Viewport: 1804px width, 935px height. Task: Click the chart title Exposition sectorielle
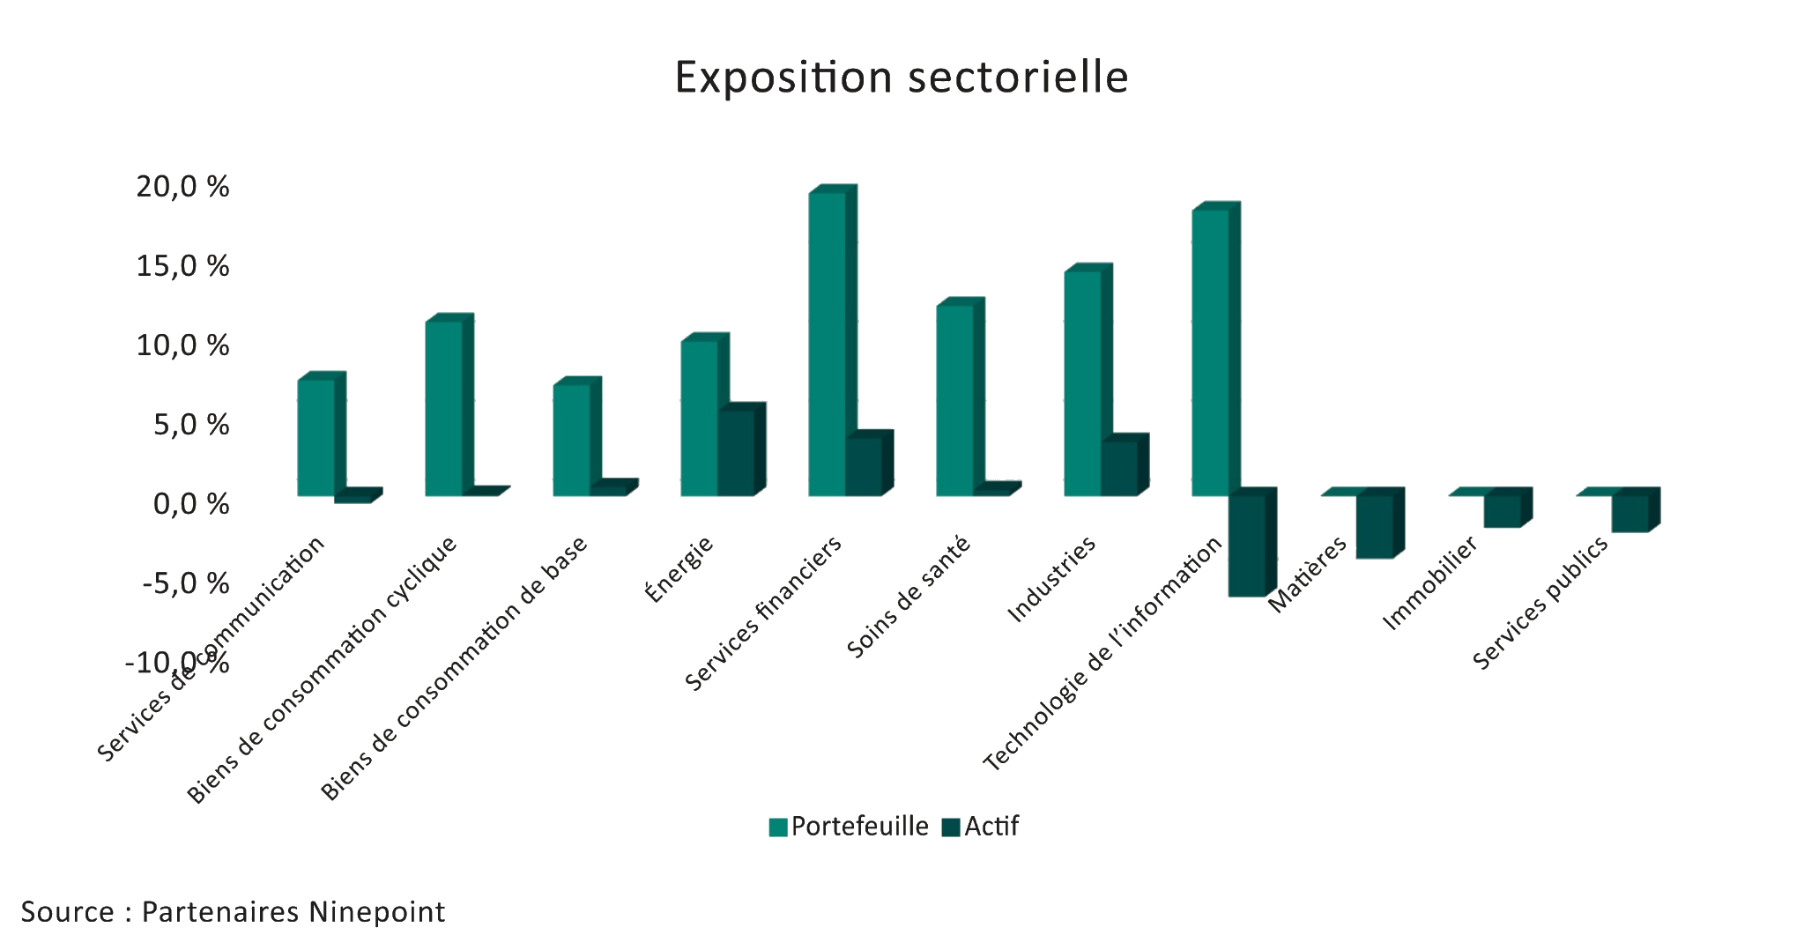[x=901, y=78]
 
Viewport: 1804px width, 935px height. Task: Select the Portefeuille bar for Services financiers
[x=827, y=344]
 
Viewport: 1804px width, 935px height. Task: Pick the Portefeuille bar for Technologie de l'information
[x=1210, y=352]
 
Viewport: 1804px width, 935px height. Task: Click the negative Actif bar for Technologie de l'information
[x=1246, y=545]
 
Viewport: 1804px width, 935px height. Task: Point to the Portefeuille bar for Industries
[x=1082, y=383]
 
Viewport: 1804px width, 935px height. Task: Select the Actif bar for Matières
[x=1374, y=526]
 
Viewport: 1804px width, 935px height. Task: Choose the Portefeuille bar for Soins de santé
[x=954, y=400]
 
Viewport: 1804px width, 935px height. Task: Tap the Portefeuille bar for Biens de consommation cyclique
[x=443, y=408]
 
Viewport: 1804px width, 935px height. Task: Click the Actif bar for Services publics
[x=1630, y=513]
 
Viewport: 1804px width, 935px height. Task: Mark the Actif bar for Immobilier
[x=1502, y=511]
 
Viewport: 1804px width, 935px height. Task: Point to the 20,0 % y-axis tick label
[x=182, y=187]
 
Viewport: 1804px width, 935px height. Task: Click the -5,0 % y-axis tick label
[x=186, y=583]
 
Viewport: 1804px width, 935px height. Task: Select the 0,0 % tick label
[x=191, y=504]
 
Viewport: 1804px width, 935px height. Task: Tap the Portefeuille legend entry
[x=849, y=827]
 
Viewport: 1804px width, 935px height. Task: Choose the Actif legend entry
[x=980, y=827]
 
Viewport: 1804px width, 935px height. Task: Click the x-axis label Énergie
[x=679, y=569]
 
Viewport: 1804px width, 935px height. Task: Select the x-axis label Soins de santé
[x=908, y=597]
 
